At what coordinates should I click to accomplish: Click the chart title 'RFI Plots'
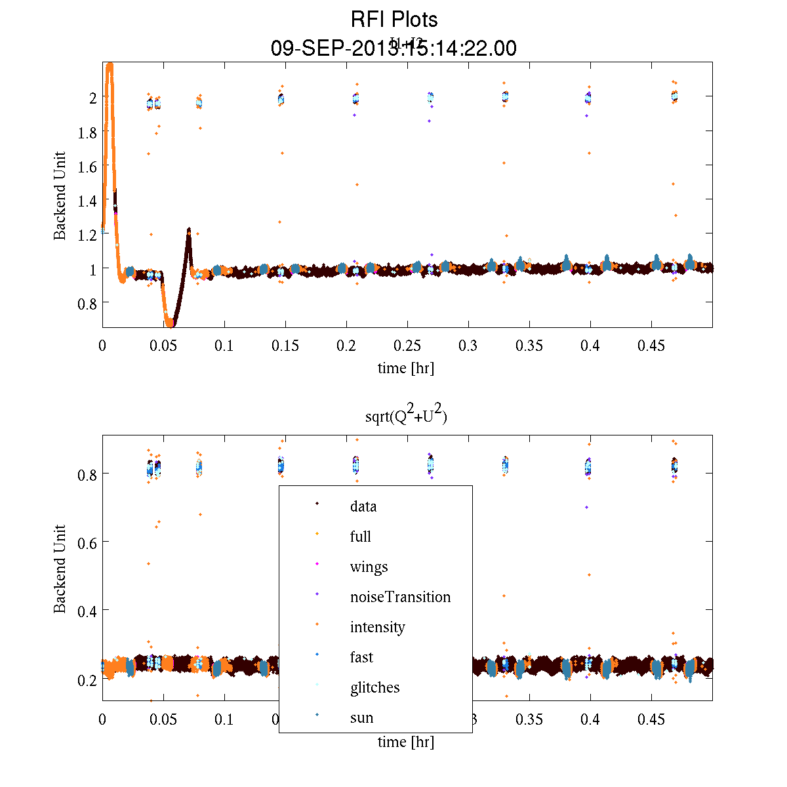394,19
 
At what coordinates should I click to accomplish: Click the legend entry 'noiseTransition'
400,597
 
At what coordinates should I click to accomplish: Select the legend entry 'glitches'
374,687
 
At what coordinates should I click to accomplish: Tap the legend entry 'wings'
369,567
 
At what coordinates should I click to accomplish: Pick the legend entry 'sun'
361,717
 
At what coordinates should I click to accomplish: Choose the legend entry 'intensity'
377,627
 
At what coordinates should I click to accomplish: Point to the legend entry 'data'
363,506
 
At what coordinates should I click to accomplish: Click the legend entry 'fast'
361,657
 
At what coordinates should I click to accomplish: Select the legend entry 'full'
360,536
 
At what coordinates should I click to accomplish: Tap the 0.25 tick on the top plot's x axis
407,346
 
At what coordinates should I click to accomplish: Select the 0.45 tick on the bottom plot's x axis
651,719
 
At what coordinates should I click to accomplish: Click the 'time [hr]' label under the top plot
405,368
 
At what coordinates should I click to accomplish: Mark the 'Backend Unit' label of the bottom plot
60,569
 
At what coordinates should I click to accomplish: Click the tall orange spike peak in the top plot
110,66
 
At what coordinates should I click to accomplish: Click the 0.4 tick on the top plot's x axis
590,346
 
